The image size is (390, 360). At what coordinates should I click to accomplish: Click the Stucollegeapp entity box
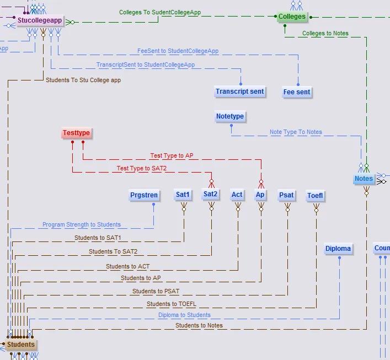click(39, 22)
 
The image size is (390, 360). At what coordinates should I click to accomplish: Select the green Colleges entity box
click(292, 17)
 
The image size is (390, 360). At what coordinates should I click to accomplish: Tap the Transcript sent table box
click(240, 92)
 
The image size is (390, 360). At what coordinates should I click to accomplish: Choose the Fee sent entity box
click(297, 92)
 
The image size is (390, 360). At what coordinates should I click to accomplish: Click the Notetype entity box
click(230, 117)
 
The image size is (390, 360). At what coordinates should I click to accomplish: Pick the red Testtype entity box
click(76, 133)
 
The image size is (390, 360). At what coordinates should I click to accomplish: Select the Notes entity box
click(364, 179)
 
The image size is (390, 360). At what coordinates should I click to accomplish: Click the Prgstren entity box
click(144, 195)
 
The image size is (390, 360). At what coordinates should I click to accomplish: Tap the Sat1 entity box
click(183, 195)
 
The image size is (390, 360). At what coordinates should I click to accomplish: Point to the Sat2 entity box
click(210, 194)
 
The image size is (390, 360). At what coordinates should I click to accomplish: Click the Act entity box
click(237, 195)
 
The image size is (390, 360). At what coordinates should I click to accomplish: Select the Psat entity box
click(286, 195)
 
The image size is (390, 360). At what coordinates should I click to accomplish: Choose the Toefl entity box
click(316, 196)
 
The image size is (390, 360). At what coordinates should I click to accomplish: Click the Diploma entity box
click(338, 249)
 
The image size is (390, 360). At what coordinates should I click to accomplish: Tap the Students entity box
click(21, 345)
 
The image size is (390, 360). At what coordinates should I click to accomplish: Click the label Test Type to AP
click(172, 156)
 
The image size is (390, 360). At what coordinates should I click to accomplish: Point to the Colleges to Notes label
click(325, 34)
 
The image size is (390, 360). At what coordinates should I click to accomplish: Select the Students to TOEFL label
click(171, 304)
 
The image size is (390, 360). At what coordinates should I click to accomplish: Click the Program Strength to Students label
click(82, 225)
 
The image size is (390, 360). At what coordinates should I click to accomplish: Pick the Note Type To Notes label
click(296, 132)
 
